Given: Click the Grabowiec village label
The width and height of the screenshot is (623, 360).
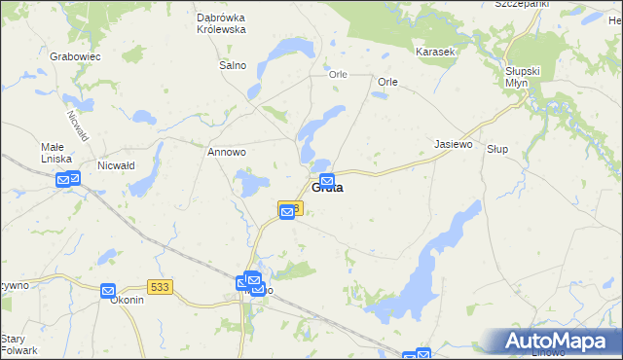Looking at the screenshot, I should pyautogui.click(x=75, y=57).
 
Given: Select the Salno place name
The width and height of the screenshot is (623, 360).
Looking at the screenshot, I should pyautogui.click(x=233, y=66).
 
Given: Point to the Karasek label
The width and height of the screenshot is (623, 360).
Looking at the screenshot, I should pyautogui.click(x=435, y=51).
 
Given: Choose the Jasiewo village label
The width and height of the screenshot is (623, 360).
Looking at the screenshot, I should pyautogui.click(x=453, y=144).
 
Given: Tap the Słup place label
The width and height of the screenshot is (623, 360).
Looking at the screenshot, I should pyautogui.click(x=497, y=149).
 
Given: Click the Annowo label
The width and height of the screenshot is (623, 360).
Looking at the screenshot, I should pyautogui.click(x=227, y=153).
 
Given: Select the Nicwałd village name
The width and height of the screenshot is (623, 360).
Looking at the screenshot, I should pyautogui.click(x=116, y=165).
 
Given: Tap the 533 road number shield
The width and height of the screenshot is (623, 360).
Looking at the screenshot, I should pyautogui.click(x=162, y=286).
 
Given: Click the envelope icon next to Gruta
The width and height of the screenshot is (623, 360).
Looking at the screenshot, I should pyautogui.click(x=328, y=180).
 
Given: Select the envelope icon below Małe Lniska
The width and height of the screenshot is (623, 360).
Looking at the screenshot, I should pyautogui.click(x=66, y=179).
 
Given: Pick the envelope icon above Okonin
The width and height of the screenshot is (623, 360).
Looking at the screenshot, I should pyautogui.click(x=108, y=290).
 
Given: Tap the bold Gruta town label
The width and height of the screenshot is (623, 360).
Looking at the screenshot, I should pyautogui.click(x=327, y=189).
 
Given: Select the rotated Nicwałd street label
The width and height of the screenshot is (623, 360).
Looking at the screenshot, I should pyautogui.click(x=77, y=125).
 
